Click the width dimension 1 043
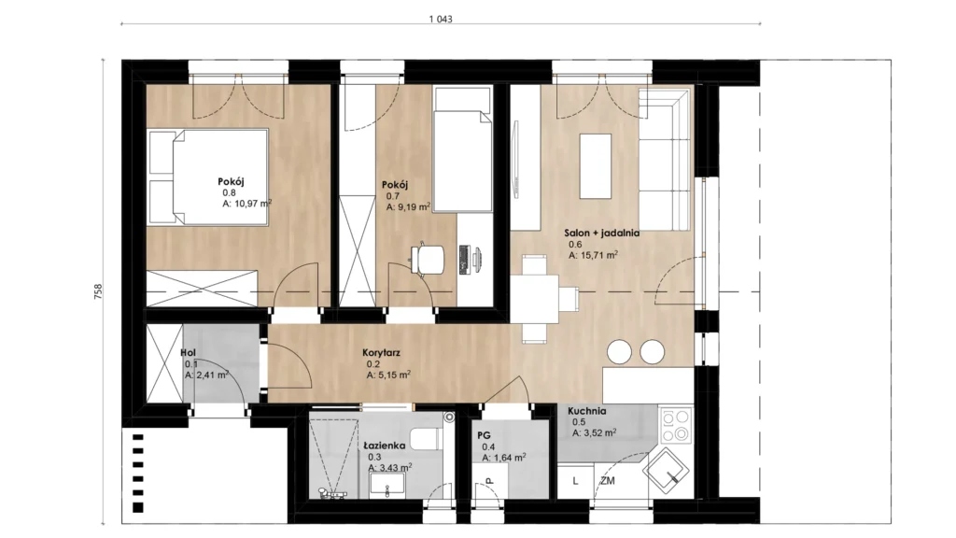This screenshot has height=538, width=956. tap(441, 19)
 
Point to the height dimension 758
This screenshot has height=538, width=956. tap(98, 291)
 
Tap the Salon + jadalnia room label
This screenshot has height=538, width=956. tap(601, 233)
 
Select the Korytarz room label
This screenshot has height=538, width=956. tap(381, 352)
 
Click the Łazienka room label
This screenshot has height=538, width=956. tap(384, 446)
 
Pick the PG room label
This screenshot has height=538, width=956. tap(485, 435)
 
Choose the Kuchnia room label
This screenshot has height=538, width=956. tap(586, 411)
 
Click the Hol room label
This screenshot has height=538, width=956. tap(188, 352)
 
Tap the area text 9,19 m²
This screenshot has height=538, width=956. tap(414, 206)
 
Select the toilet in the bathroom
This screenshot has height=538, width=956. tap(426, 439)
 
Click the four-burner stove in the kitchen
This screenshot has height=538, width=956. tap(676, 425)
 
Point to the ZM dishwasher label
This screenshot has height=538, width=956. tap(607, 481)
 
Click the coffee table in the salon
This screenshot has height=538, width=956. tap(595, 166)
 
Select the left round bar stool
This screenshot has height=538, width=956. tap(620, 352)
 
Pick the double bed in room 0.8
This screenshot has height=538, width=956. tap(208, 177)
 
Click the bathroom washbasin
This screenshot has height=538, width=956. tap(387, 485)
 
